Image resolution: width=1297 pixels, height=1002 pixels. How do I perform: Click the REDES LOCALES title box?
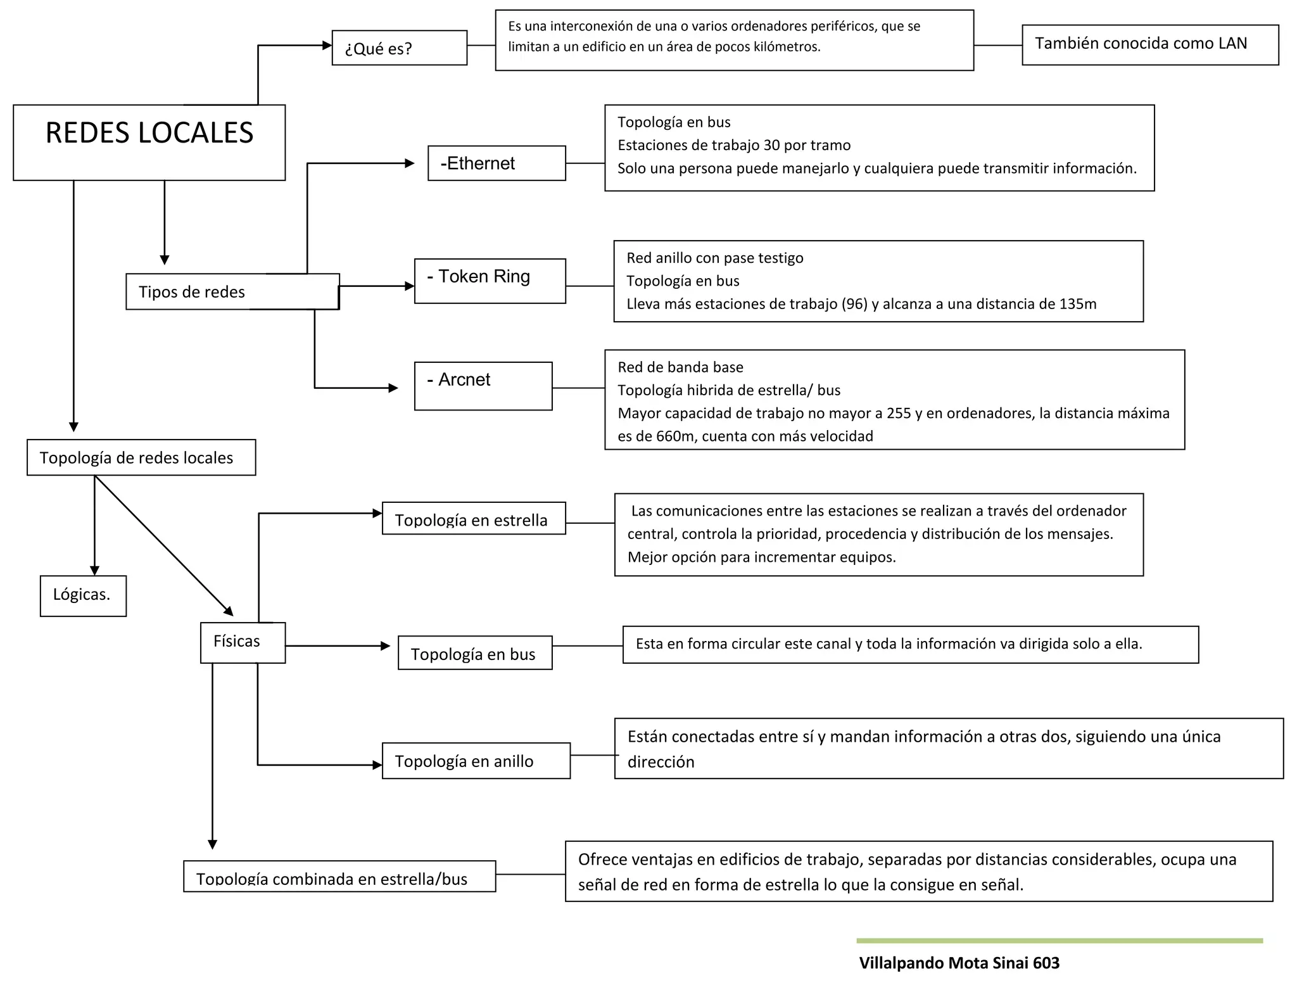pyautogui.click(x=149, y=142)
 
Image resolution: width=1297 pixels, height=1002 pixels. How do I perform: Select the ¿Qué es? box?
pyautogui.click(x=399, y=48)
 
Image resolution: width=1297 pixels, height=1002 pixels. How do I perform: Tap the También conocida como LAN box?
pyautogui.click(x=1149, y=44)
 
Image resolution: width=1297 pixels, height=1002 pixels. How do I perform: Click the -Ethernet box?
pyautogui.click(x=497, y=163)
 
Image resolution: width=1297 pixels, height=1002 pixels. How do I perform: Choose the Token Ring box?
pyautogui.click(x=490, y=281)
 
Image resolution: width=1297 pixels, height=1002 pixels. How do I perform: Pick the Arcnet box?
pyautogui.click(x=483, y=386)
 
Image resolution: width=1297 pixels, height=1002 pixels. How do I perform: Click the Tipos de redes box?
pyautogui.click(x=232, y=291)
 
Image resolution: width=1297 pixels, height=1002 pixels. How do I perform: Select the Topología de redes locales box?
pyautogui.click(x=141, y=457)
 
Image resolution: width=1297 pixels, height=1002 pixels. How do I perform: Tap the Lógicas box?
pyautogui.click(x=83, y=595)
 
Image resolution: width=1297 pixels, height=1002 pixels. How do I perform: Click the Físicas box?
pyautogui.click(x=243, y=642)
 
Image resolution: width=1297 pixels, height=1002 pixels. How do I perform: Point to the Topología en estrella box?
pyautogui.click(x=474, y=519)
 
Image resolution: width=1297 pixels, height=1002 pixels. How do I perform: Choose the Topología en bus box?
pyautogui.click(x=474, y=653)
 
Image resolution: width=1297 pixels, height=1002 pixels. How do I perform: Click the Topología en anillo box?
pyautogui.click(x=476, y=761)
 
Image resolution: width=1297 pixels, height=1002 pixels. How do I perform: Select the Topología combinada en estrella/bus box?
pyautogui.click(x=339, y=877)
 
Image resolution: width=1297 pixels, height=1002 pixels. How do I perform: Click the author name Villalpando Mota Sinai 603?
pyautogui.click(x=959, y=963)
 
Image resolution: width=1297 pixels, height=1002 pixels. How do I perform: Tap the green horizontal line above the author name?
pyautogui.click(x=1059, y=941)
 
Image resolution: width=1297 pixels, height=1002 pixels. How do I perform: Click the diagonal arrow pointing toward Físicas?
pyautogui.click(x=163, y=545)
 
